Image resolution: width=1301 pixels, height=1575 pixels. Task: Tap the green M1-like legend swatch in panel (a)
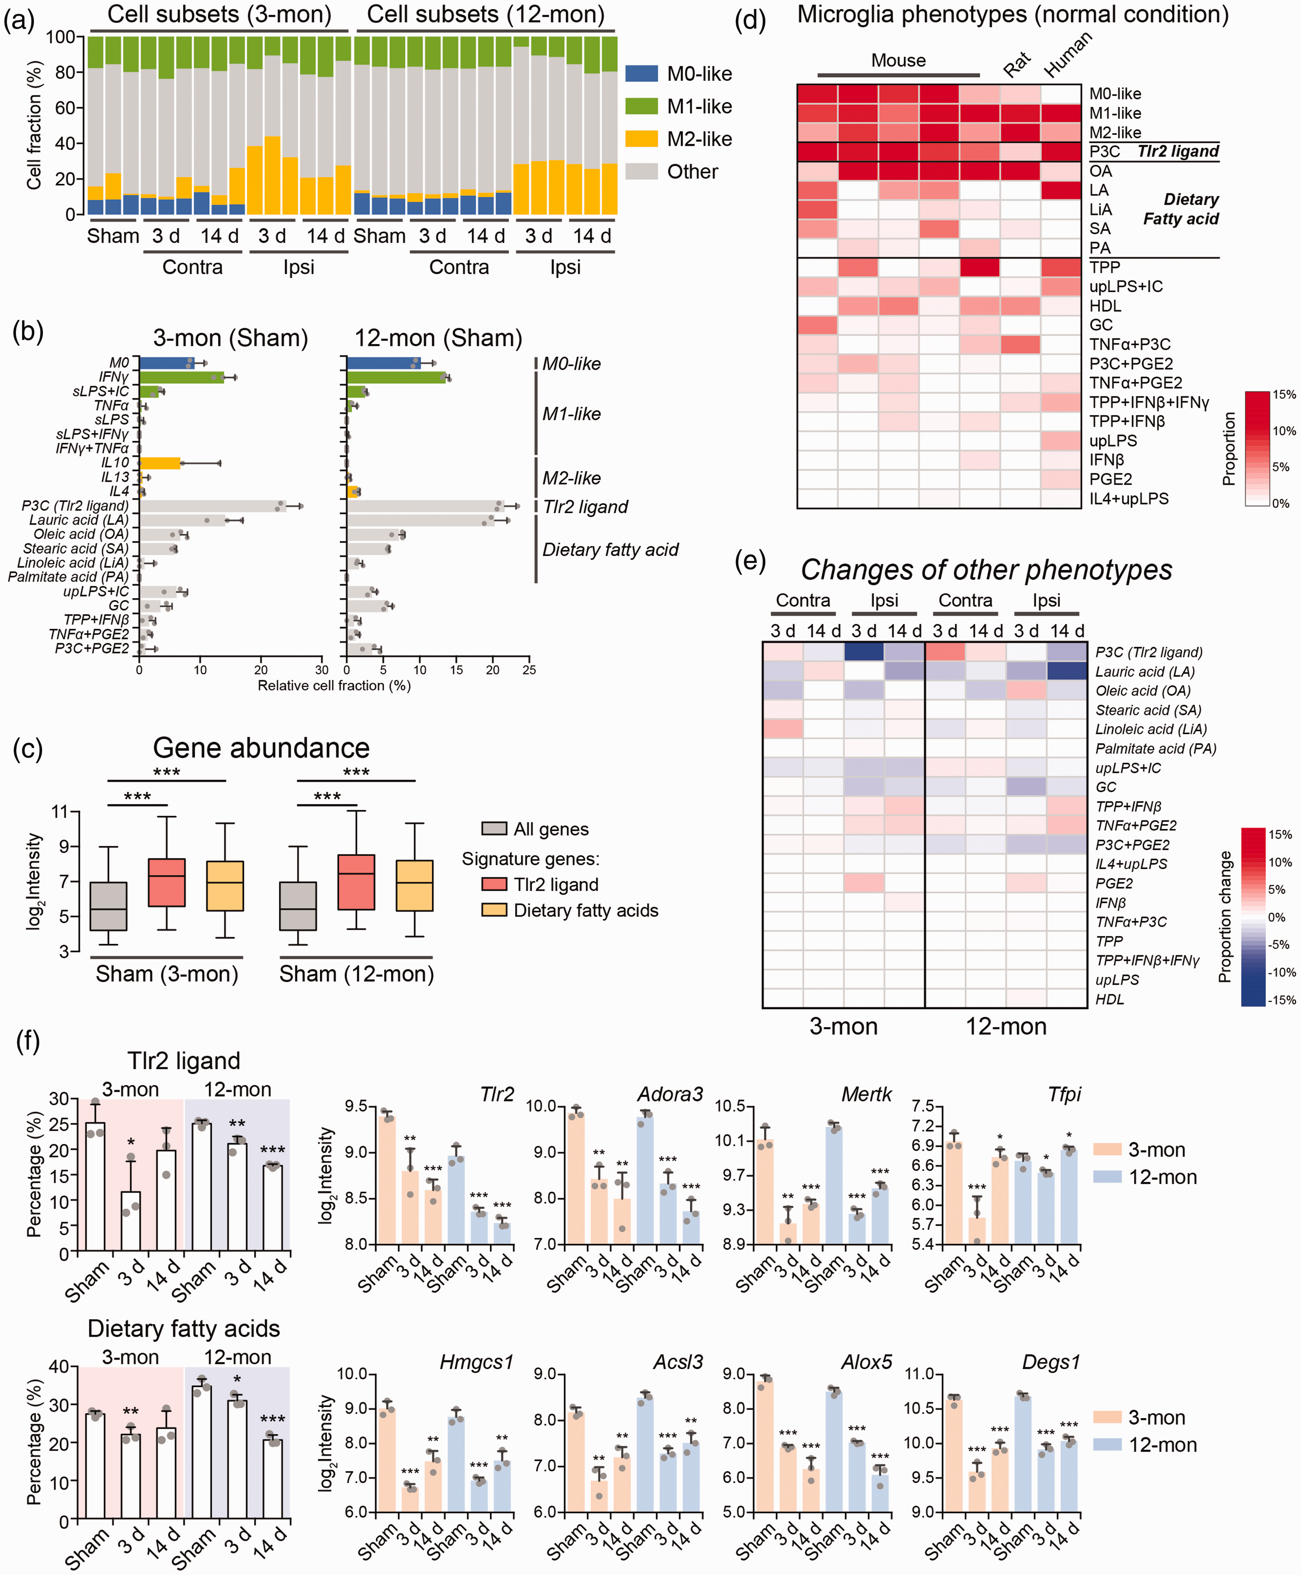pos(642,106)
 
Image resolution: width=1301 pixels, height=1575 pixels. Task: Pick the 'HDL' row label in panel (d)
pos(1105,306)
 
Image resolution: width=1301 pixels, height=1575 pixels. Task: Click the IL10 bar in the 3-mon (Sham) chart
pos(160,463)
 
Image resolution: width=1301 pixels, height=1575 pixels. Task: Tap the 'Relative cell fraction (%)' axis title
pos(334,686)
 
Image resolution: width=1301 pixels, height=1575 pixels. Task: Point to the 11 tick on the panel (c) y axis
pos(60,811)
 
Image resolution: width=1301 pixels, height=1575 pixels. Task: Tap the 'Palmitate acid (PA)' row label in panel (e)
pos(1156,748)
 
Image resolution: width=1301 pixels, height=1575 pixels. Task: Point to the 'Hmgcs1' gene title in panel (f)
pos(476,1362)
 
